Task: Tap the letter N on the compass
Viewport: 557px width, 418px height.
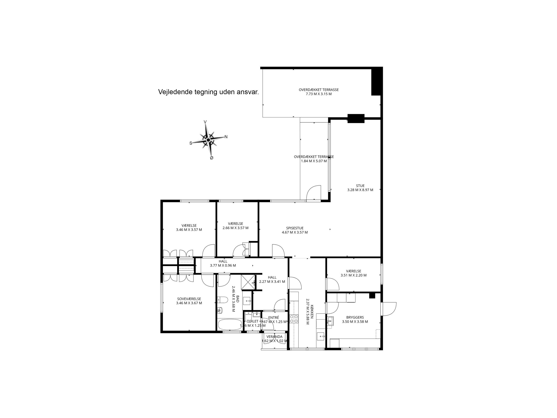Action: [226, 137]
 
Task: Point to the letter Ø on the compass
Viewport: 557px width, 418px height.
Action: [211, 158]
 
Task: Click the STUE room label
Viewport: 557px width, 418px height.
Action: [360, 186]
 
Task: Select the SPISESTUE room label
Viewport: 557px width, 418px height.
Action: [295, 228]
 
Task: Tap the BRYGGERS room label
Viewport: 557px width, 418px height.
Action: [355, 317]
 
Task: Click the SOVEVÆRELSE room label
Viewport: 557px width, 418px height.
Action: [189, 299]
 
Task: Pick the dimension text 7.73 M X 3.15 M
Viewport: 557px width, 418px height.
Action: [319, 94]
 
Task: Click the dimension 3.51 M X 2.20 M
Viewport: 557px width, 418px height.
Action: [353, 275]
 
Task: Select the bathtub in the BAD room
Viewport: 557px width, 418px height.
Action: [230, 325]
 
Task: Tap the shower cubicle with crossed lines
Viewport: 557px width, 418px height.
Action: [248, 282]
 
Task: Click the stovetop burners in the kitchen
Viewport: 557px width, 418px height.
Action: [294, 319]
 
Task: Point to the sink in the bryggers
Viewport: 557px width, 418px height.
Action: [330, 321]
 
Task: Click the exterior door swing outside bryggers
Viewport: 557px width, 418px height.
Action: [389, 309]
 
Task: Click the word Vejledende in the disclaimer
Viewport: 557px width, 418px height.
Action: [175, 92]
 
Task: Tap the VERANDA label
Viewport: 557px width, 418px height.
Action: [274, 336]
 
